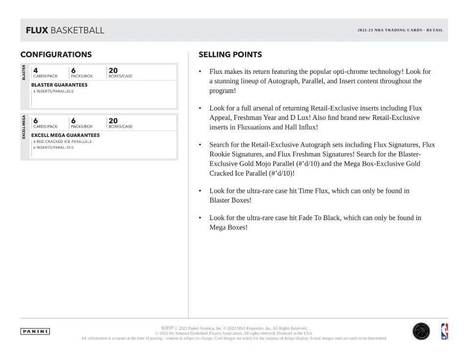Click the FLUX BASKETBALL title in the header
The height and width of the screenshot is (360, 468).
[x=65, y=30]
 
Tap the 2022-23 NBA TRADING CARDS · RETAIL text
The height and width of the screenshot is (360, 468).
[x=400, y=30]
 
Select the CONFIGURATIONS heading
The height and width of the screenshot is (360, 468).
[x=56, y=54]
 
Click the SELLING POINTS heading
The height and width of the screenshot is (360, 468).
[x=230, y=54]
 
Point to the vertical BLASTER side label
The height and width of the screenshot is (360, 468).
[x=24, y=72]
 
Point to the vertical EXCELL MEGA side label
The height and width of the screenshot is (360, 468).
[x=24, y=127]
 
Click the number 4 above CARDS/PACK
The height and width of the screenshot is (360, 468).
[x=36, y=70]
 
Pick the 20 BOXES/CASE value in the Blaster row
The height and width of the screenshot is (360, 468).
[x=113, y=70]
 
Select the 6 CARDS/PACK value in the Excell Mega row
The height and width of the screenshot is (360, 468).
[x=36, y=121]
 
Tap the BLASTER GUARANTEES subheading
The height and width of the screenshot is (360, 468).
[x=59, y=85]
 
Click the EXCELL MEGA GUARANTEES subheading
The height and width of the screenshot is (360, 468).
[x=65, y=135]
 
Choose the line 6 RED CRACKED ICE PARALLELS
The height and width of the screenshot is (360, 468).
[x=62, y=141]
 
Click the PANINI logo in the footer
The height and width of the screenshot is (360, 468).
[x=35, y=332]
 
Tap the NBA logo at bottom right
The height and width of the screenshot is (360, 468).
[x=444, y=332]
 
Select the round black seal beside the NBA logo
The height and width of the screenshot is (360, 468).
[x=421, y=332]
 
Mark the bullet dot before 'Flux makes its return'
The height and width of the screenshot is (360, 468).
[x=200, y=72]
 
